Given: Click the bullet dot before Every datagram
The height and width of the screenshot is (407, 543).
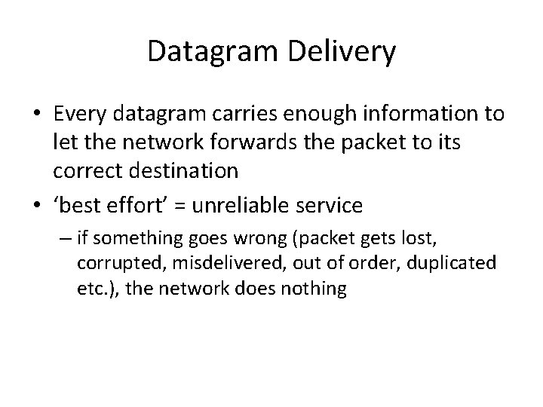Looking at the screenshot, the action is tap(37, 115).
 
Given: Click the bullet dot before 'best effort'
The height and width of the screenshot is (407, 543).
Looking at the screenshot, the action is tap(37, 205).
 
